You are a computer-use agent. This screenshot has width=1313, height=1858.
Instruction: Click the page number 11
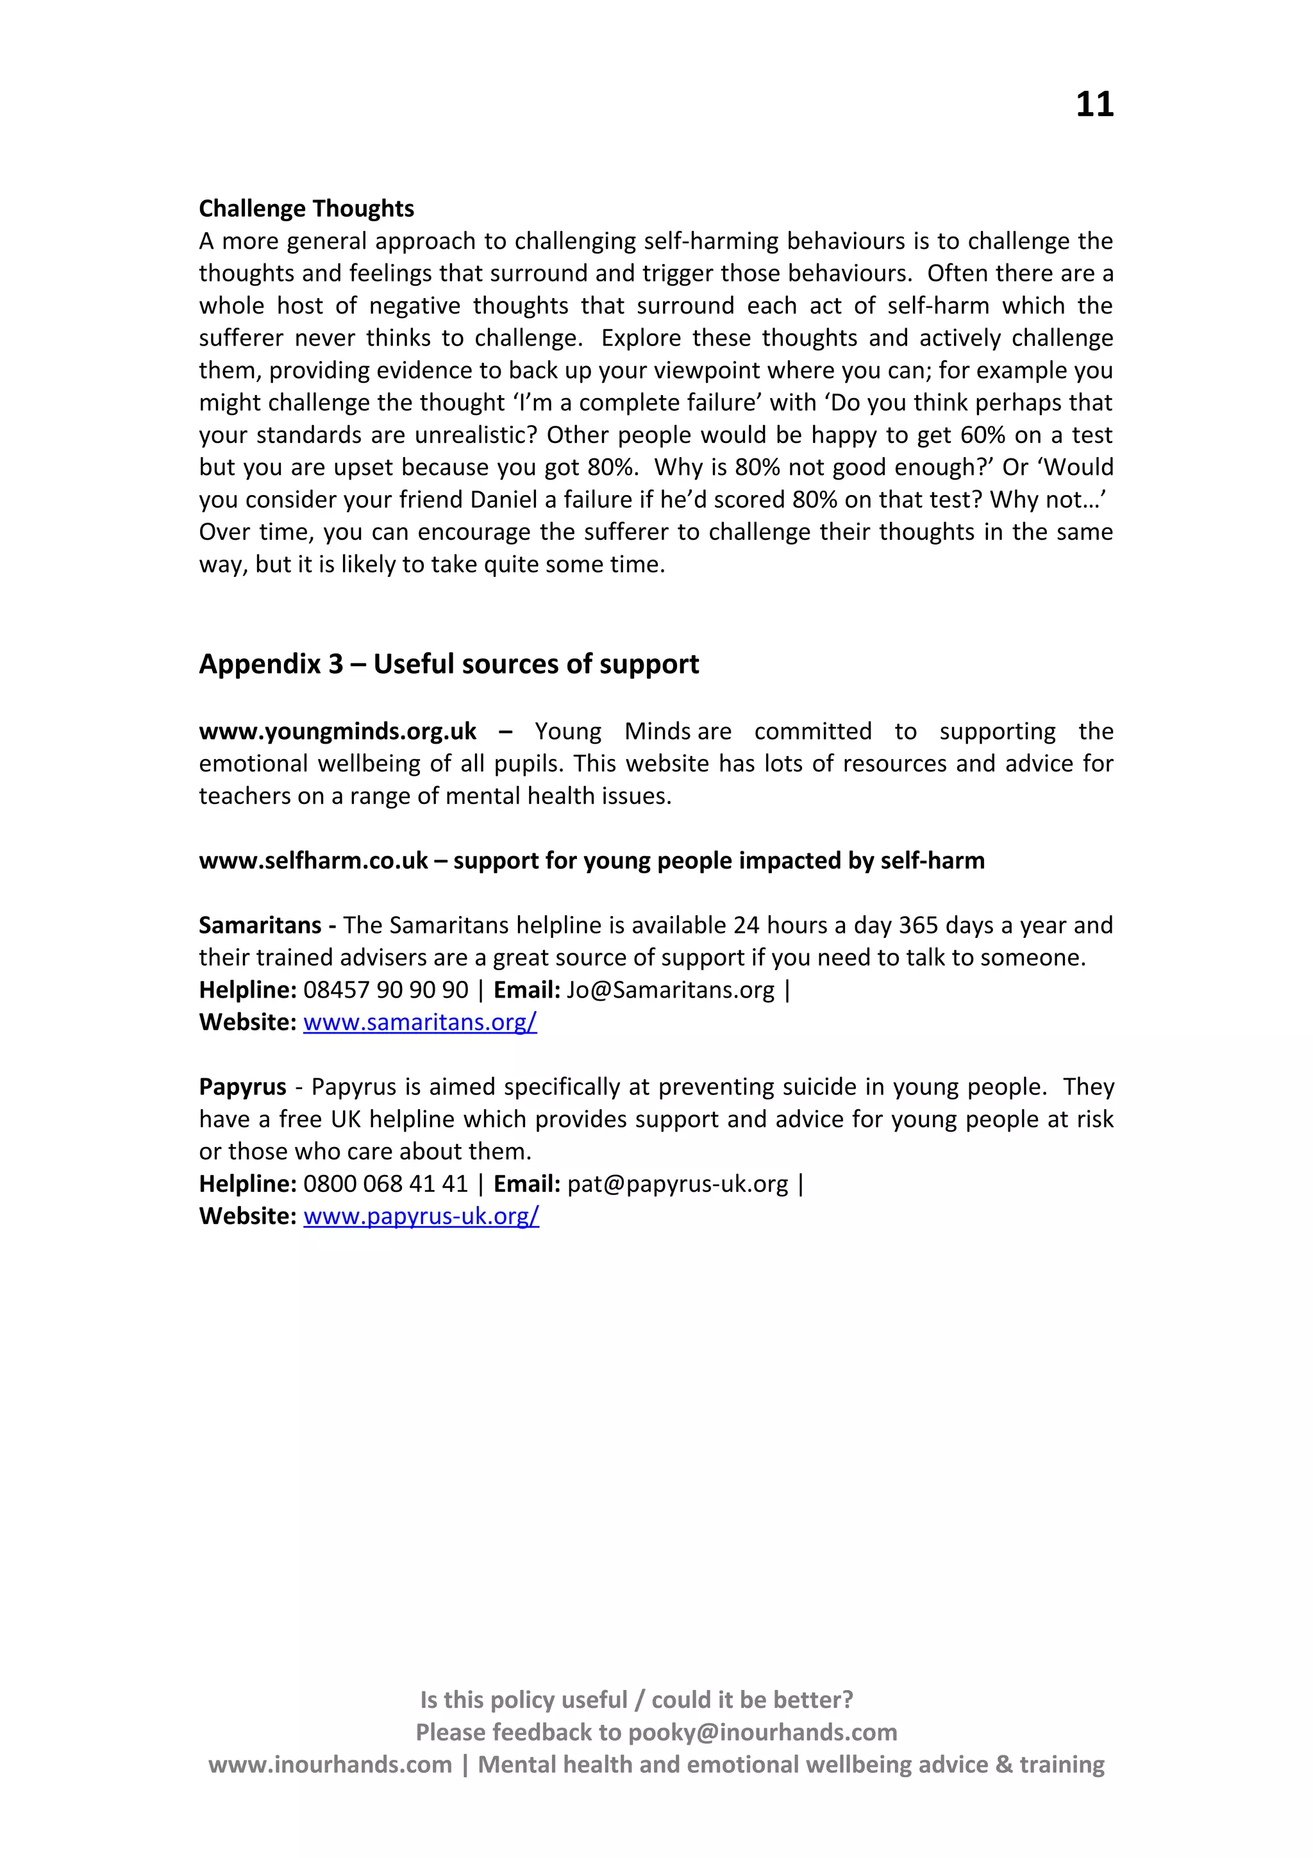coord(1094,105)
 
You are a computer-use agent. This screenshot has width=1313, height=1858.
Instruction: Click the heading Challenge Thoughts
coord(306,209)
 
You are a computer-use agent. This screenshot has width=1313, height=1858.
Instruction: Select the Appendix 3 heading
coord(448,664)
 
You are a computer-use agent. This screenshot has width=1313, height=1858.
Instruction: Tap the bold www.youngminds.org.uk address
coord(337,732)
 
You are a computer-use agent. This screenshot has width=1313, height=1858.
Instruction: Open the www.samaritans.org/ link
coord(420,1022)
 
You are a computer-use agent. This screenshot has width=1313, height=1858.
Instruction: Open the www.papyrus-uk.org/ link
coord(421,1216)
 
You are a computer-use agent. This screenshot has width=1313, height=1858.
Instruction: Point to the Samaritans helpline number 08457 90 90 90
coord(385,990)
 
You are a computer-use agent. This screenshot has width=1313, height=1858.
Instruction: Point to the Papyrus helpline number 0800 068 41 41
coord(385,1184)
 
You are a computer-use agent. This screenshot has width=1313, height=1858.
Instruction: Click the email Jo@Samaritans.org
coord(670,990)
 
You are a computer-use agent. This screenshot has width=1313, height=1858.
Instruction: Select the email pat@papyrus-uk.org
coord(677,1184)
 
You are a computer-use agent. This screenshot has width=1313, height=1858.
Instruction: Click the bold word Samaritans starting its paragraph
coord(260,925)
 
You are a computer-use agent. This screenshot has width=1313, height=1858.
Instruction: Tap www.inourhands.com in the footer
coord(330,1764)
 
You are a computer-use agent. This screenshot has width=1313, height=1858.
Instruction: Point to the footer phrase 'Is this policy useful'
coord(523,1700)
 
